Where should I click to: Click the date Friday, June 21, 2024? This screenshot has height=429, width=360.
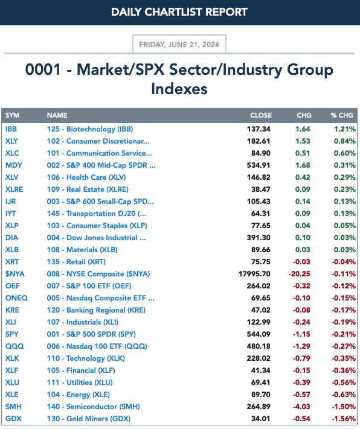[179, 44]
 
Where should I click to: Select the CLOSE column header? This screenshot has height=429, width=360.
[261, 115]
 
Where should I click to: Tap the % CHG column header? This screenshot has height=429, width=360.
[342, 115]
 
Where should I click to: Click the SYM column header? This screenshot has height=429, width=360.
[12, 115]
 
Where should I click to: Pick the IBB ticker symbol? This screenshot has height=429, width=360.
[11, 129]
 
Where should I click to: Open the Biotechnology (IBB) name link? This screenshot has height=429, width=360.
[90, 129]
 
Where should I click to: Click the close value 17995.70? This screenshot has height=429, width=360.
[254, 273]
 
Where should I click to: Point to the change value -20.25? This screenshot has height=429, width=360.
[300, 273]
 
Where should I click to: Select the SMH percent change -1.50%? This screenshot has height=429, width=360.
[344, 407]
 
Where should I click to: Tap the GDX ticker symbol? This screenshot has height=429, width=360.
[13, 419]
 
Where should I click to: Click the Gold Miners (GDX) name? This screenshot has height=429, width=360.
[89, 419]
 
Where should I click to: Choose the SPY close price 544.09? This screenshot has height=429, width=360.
[259, 334]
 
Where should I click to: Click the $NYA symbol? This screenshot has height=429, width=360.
[14, 273]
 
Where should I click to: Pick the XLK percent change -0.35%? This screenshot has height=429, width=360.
[344, 358]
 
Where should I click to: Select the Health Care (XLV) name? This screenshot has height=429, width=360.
[86, 177]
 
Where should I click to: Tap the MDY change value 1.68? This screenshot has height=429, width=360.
[303, 165]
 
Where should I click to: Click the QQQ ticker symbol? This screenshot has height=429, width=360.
[14, 346]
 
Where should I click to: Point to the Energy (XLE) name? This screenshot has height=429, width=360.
[79, 395]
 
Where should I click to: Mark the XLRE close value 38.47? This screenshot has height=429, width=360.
[261, 189]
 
